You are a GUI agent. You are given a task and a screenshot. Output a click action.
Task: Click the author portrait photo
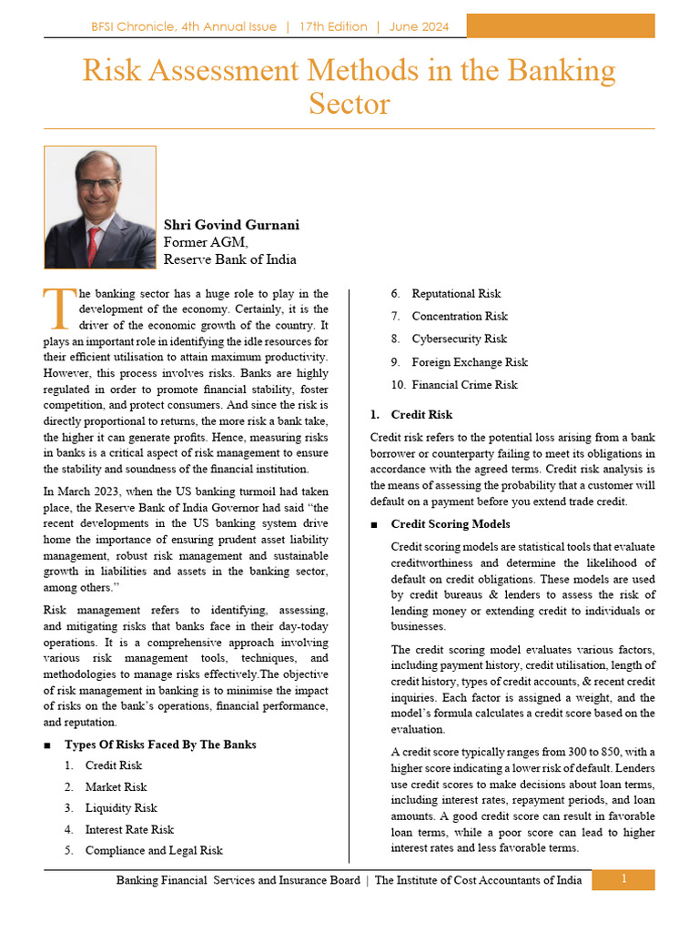click(99, 208)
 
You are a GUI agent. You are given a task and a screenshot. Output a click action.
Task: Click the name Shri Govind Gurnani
click(231, 225)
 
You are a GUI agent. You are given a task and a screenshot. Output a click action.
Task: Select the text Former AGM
click(205, 242)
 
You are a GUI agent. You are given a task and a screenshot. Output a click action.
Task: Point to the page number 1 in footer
click(623, 879)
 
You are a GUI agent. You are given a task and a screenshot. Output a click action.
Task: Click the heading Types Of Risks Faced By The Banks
click(159, 745)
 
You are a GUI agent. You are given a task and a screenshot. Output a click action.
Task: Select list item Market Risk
click(116, 787)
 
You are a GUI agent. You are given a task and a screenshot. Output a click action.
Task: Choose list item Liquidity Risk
click(121, 808)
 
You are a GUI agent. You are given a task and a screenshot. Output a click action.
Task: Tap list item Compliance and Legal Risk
click(153, 851)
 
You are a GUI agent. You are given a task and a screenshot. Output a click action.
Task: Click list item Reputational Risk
click(456, 294)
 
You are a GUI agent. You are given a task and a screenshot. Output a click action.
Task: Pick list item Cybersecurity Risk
click(459, 339)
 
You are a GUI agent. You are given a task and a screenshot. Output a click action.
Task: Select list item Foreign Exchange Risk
click(469, 362)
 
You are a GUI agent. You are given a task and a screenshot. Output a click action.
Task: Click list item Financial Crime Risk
click(464, 385)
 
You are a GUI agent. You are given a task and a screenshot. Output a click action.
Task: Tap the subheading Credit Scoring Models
click(450, 524)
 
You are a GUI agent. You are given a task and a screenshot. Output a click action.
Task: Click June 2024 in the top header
click(419, 27)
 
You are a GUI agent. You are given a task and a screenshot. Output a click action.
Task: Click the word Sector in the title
click(349, 104)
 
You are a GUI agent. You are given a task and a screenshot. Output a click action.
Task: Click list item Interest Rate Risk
click(128, 830)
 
